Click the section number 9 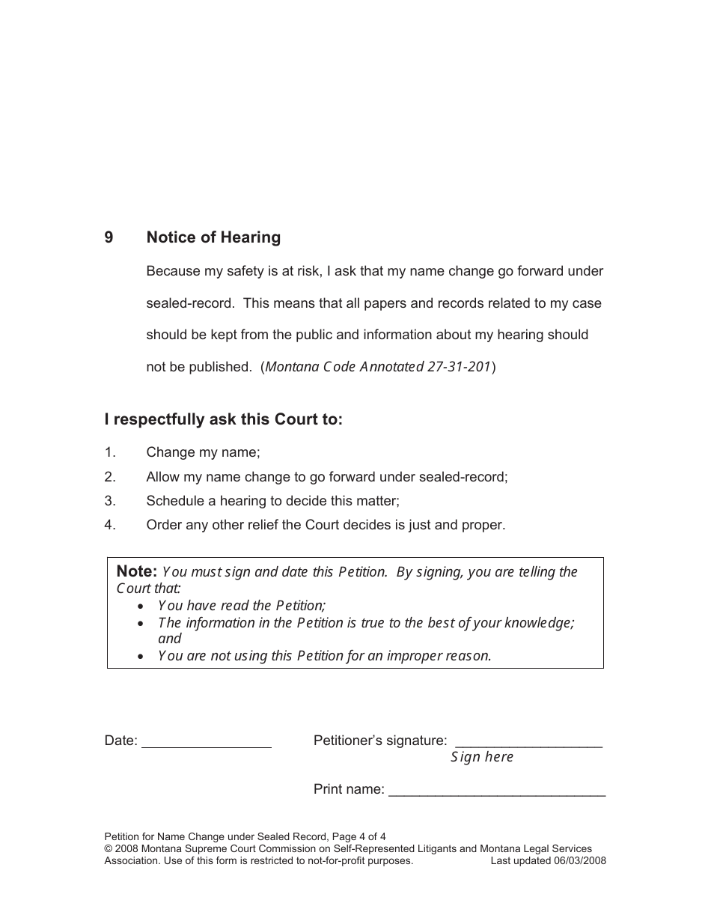(109, 237)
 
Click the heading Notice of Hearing (213, 237)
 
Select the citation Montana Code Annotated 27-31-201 (377, 367)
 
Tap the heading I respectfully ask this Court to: (223, 419)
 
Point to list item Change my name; (203, 452)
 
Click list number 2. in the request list (110, 477)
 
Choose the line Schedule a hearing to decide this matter (272, 501)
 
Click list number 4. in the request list (110, 525)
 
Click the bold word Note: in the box (137, 571)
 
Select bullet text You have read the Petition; (242, 606)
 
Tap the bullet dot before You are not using (141, 656)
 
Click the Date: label (121, 741)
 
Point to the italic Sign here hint (482, 757)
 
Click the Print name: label (349, 789)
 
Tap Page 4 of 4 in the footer (358, 836)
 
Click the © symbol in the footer (109, 848)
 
